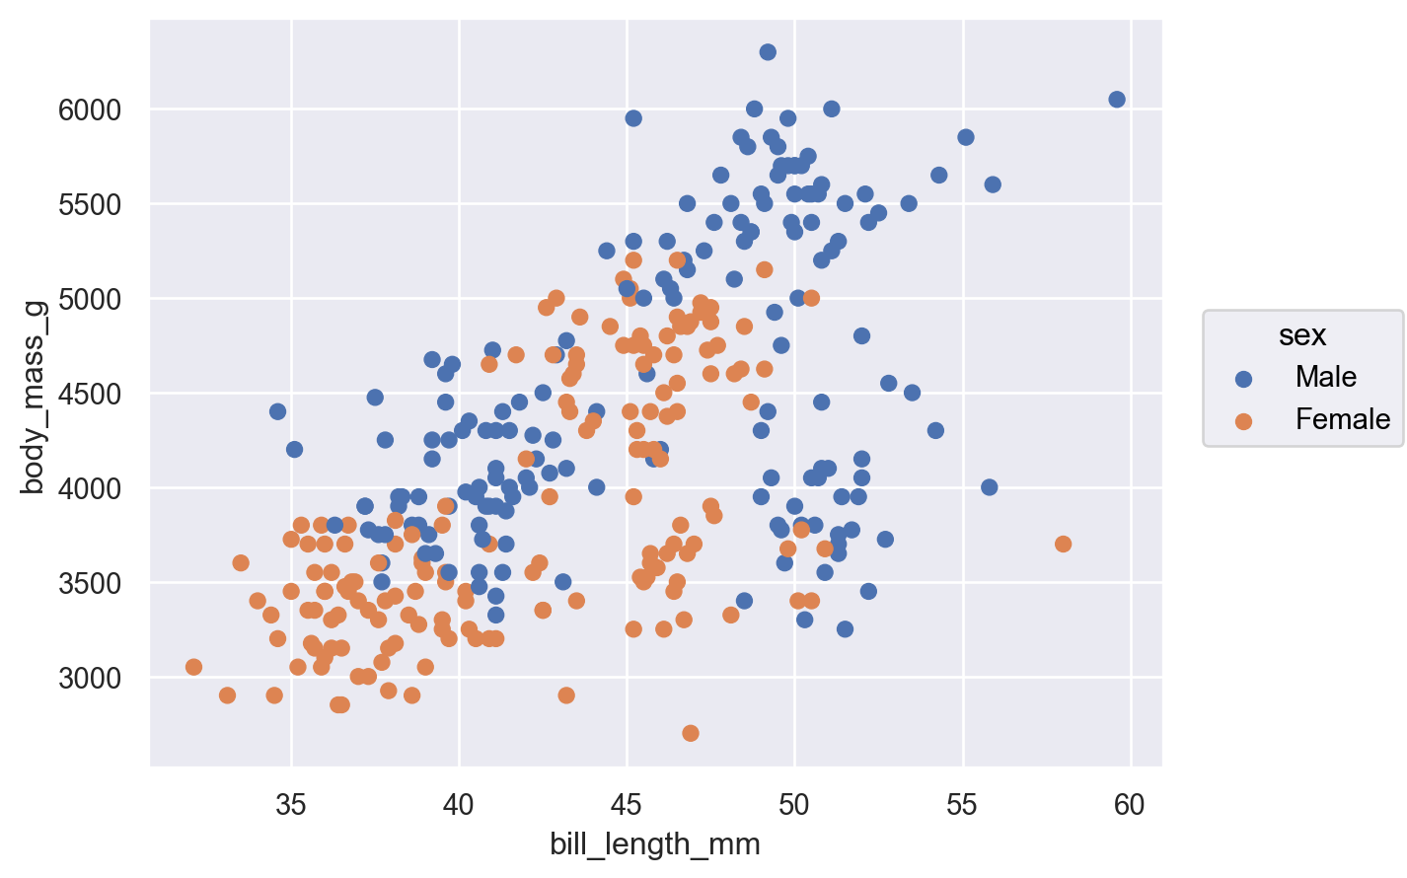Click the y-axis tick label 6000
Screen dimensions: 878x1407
pos(89,110)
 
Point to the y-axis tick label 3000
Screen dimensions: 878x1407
pos(89,679)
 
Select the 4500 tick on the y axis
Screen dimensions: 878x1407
pos(89,395)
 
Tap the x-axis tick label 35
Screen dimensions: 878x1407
pos(291,805)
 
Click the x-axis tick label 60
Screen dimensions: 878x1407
pos(1130,805)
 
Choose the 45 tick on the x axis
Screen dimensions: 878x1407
pos(627,805)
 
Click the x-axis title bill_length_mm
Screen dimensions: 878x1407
pos(655,845)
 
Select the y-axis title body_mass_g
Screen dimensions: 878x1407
pos(33,394)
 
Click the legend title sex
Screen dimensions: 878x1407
pos(1302,335)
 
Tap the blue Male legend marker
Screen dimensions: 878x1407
pos(1243,378)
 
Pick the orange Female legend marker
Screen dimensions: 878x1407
pos(1243,421)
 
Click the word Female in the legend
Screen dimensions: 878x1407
pos(1342,420)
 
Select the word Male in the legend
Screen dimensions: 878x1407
pos(1326,377)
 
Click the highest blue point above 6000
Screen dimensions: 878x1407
pos(768,52)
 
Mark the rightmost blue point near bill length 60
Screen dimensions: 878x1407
pos(1117,100)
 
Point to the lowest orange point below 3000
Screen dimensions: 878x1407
pos(691,733)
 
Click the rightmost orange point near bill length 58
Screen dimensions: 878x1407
pos(1063,544)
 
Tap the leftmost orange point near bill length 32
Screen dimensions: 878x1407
pos(193,667)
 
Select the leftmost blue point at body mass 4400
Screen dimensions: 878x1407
pos(277,411)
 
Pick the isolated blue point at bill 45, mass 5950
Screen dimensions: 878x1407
pos(633,118)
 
